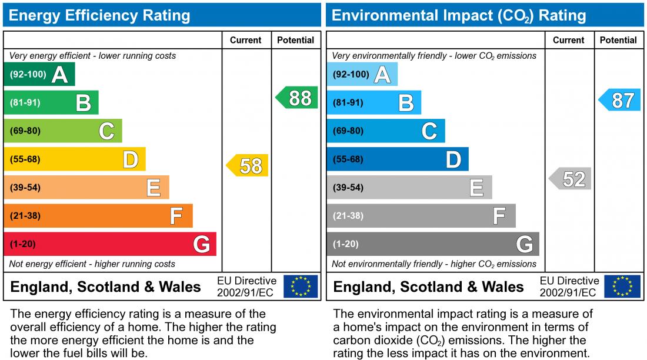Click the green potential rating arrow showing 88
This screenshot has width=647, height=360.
click(x=298, y=98)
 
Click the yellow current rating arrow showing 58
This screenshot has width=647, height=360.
click(x=248, y=166)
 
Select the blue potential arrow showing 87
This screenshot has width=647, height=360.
click(x=621, y=100)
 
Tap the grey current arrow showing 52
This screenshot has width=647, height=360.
click(x=571, y=178)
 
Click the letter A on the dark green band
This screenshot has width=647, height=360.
click(x=59, y=75)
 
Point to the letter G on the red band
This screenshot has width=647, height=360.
click(x=201, y=244)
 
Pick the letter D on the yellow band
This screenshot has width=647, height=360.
click(x=130, y=159)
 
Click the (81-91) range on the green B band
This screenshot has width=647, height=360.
click(x=25, y=103)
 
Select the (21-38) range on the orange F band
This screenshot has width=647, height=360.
click(x=25, y=216)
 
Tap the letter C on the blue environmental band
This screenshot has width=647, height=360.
click(x=429, y=131)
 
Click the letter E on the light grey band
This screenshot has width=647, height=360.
click(x=476, y=188)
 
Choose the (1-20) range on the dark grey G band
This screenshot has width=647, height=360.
click(x=346, y=244)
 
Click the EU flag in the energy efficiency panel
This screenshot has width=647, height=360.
click(x=301, y=286)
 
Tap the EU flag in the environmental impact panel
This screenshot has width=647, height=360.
click(x=623, y=286)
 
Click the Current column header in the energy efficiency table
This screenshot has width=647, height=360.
click(x=246, y=40)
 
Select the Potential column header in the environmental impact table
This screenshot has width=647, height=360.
click(x=618, y=40)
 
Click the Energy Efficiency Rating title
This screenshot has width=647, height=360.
click(x=99, y=15)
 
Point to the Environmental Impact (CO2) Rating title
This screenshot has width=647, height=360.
click(x=459, y=15)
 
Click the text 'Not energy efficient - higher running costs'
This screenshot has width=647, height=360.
click(x=92, y=264)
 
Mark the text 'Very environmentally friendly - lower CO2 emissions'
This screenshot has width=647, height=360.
click(x=434, y=56)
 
